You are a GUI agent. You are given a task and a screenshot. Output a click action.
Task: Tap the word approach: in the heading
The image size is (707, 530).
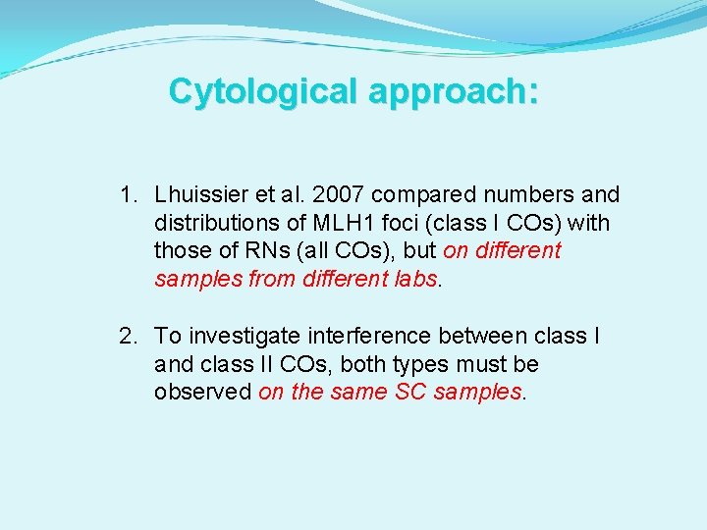(x=454, y=91)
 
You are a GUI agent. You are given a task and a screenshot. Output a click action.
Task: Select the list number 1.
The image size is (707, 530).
(x=127, y=195)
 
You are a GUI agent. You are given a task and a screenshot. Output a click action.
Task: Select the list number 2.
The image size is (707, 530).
(x=127, y=337)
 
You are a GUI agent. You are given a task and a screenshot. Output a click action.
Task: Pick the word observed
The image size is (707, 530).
(x=202, y=392)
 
